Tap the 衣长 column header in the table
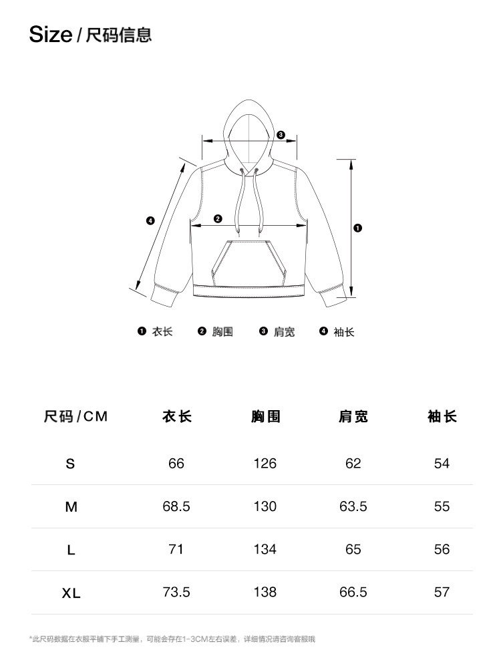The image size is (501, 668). [176, 417]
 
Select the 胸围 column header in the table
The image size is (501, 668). [265, 417]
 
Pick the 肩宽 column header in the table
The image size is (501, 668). [353, 417]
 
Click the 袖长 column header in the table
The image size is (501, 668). [442, 417]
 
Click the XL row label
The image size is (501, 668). [71, 593]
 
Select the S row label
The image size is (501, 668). [71, 464]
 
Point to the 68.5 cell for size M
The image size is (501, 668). [176, 506]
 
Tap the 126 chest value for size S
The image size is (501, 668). [265, 464]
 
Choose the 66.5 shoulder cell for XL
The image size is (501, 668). [353, 592]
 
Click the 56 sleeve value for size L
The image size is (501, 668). [442, 549]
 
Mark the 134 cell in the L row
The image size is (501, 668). [265, 549]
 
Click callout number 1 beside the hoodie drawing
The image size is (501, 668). [358, 228]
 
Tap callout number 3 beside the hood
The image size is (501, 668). [281, 135]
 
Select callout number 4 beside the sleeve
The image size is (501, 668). [150, 221]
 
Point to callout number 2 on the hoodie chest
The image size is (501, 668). [218, 218]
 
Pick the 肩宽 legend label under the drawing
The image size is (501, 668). [284, 331]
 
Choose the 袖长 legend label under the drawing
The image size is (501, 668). [344, 331]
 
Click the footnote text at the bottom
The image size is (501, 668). [172, 639]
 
